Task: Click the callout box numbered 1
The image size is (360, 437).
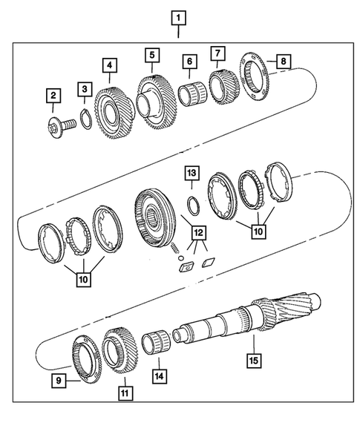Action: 178,16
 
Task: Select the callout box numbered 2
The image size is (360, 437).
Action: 53,95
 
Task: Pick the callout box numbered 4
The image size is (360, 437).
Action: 109,67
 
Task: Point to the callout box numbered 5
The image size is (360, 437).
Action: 152,55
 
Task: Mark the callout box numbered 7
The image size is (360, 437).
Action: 217,53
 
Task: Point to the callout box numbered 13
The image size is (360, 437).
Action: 191,174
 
